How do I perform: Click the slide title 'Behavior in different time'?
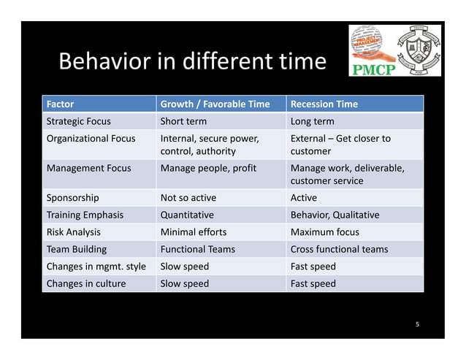pos(191,61)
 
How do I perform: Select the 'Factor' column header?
pos(60,104)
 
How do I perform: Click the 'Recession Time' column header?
pos(324,104)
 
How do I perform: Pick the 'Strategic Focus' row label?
pos(78,121)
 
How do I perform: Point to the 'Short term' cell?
pos(183,121)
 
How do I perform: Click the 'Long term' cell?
pos(313,121)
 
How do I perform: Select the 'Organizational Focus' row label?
pos(91,138)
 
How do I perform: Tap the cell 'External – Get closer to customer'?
pos(340,145)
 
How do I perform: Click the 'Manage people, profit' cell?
pos(208,168)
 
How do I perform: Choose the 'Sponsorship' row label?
pos(72,197)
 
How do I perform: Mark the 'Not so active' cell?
pos(188,197)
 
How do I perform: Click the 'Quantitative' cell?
pos(187,215)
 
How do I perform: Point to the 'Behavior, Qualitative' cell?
pos(335,215)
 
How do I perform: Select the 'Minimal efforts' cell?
pos(193,232)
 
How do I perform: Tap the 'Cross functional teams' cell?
pos(339,249)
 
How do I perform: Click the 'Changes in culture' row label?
pos(86,283)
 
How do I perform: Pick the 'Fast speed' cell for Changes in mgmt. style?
pos(313,267)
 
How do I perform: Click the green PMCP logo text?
pos(374,71)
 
